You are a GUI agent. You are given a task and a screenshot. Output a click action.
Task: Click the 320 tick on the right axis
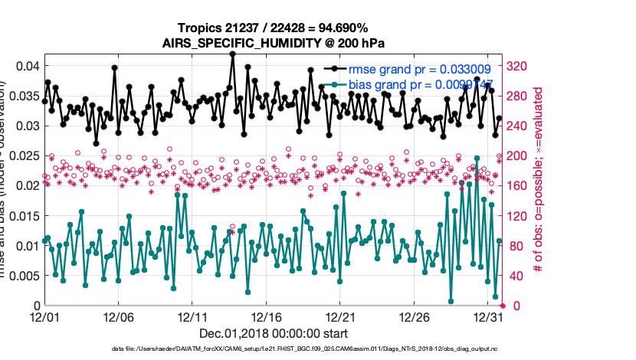coord(520,66)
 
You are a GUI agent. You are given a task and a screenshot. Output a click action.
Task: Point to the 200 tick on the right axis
coord(520,155)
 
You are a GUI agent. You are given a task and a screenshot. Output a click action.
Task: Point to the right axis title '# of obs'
coord(539,184)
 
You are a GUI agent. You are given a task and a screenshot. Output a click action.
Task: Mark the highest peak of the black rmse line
coord(232,54)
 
